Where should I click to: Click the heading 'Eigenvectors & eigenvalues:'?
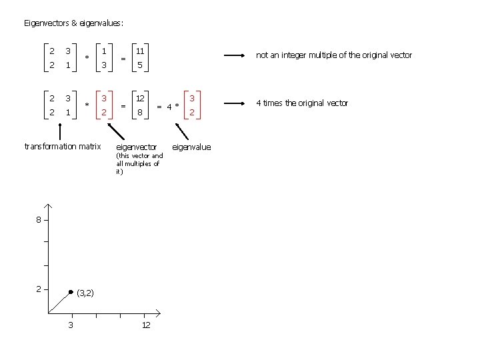coord(73,23)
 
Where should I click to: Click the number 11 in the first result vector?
coord(140,51)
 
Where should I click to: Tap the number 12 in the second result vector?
coord(141,99)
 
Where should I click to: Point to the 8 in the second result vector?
coord(140,113)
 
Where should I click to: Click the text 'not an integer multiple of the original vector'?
coord(334,55)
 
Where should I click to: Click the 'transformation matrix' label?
coord(62,147)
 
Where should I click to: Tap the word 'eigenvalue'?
coord(191,147)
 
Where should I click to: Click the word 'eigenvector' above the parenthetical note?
coord(136,147)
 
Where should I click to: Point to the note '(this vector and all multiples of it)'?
coord(139,163)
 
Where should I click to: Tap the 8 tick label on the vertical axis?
coord(39,220)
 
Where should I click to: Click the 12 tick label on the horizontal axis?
coord(146,325)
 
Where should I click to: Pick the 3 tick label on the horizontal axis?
coord(71,325)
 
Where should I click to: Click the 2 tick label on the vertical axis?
coord(39,289)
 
